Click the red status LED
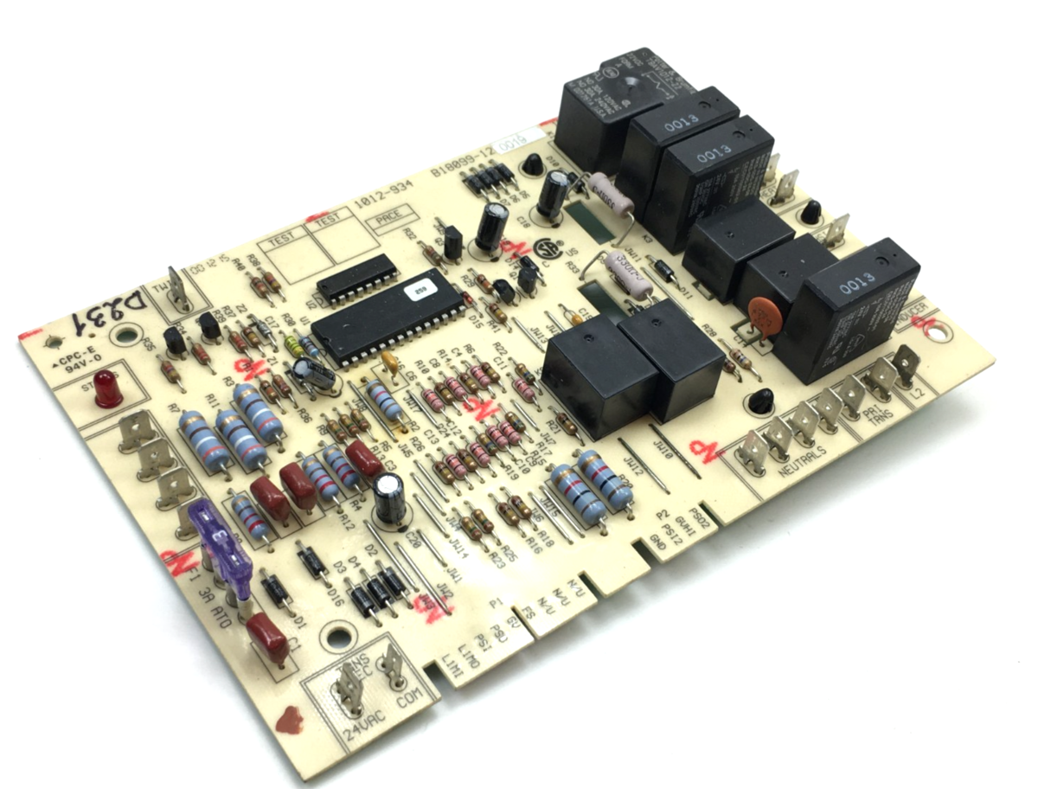point(107,388)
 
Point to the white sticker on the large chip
point(420,290)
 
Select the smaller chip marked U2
point(356,279)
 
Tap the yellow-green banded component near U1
point(294,349)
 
